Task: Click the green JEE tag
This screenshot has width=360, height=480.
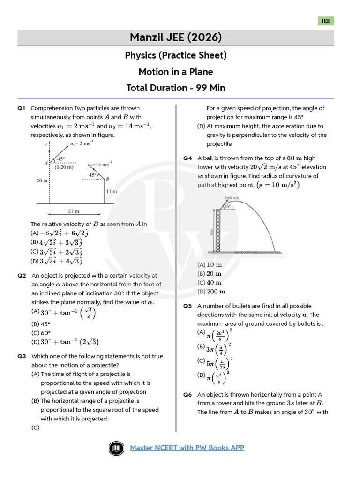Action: coord(326,21)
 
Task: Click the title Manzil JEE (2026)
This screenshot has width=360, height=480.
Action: coord(176,37)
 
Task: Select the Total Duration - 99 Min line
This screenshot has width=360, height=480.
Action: coord(176,88)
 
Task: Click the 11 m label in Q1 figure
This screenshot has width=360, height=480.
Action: coord(112,191)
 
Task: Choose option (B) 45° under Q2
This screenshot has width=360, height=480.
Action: coord(41,324)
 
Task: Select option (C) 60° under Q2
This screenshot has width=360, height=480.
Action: coord(41,333)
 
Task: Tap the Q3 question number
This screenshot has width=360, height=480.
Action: coord(22,356)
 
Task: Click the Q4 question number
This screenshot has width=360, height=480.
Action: coord(188,158)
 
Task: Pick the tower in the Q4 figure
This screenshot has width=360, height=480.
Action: coord(217,230)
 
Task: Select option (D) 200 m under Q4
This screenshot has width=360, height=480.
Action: coord(210,292)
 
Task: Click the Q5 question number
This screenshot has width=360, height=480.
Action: coord(188,306)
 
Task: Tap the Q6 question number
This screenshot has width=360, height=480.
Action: coord(188,395)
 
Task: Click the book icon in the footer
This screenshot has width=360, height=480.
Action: coord(115,448)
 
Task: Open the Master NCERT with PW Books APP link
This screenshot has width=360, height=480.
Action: coord(187,448)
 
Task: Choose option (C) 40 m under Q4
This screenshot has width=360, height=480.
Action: coord(210,283)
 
